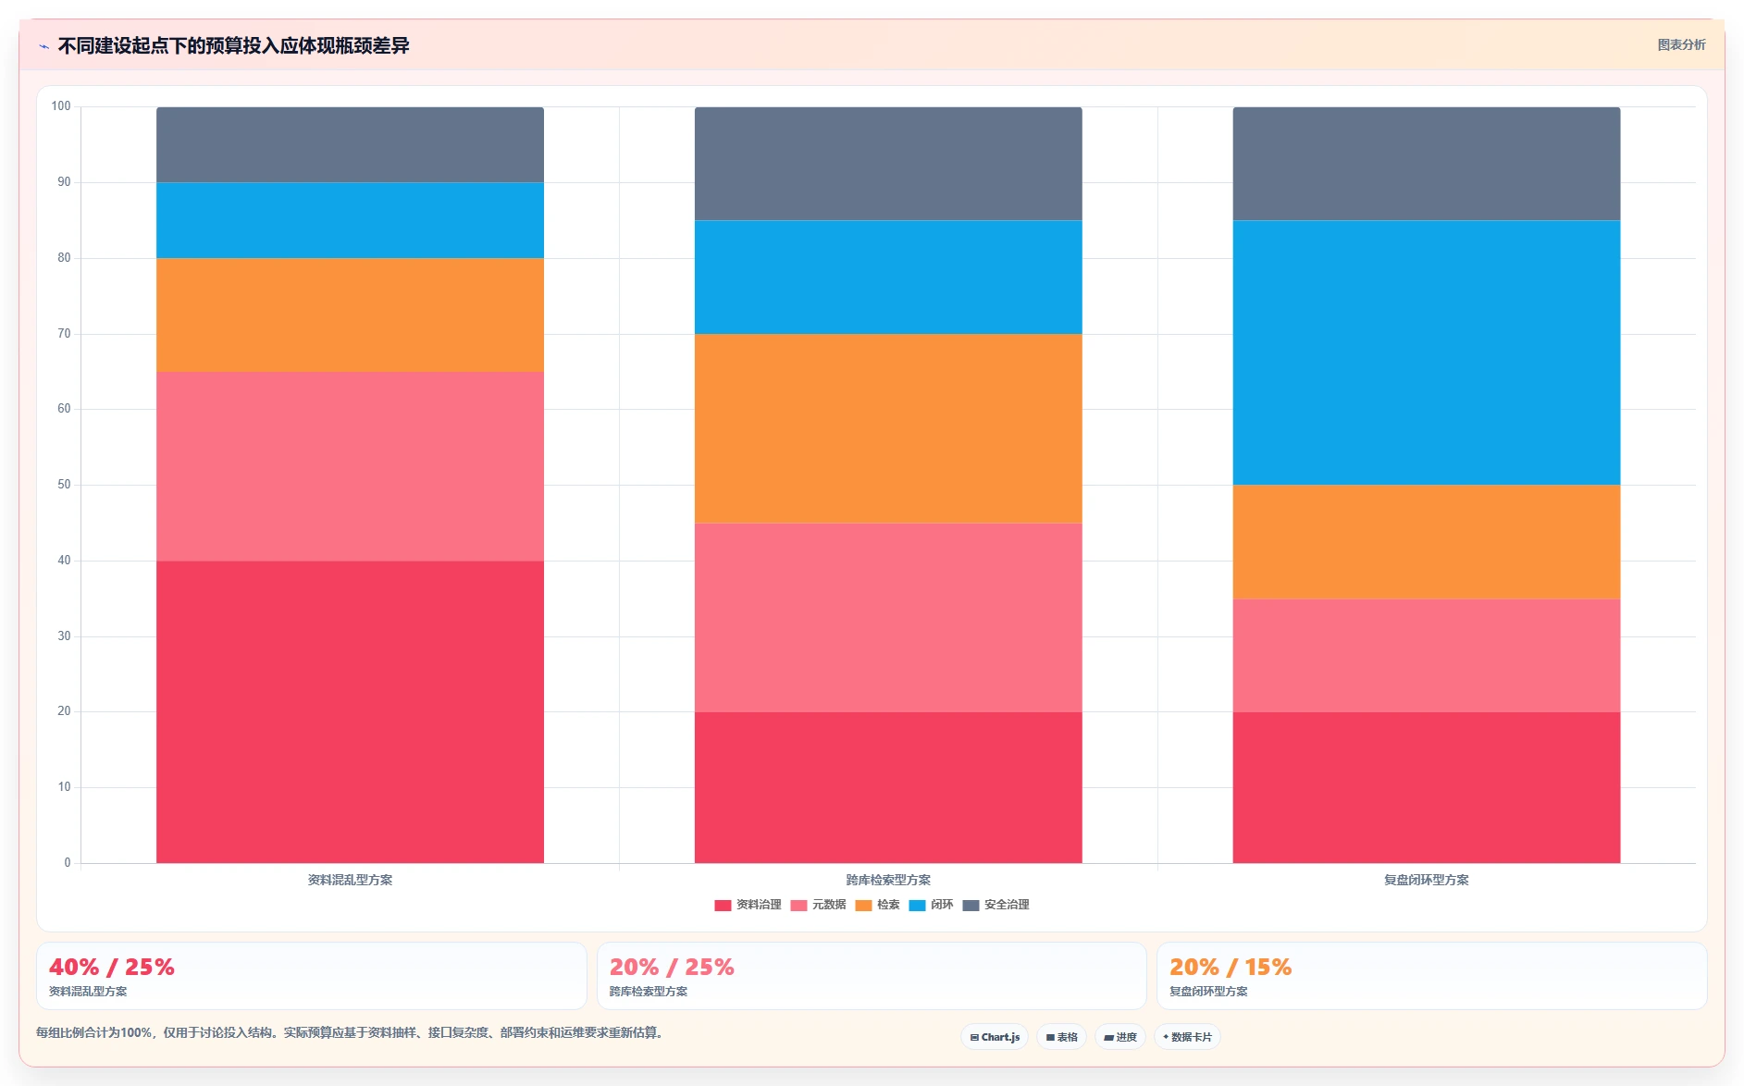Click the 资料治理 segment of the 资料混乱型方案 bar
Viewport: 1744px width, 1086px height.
[x=350, y=711]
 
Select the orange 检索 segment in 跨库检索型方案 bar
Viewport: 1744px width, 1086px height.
[x=888, y=428]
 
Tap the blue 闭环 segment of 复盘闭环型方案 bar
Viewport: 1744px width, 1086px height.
[x=1426, y=352]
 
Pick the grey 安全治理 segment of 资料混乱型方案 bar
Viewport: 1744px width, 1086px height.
[x=350, y=144]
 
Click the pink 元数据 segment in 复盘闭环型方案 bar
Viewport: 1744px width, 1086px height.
[x=1426, y=655]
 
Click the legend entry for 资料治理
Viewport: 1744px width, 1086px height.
[x=748, y=905]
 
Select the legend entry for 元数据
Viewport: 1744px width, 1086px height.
[x=818, y=905]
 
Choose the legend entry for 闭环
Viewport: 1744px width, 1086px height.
[x=931, y=905]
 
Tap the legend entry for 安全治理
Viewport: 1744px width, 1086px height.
[x=996, y=905]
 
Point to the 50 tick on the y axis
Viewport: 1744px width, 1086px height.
[x=64, y=485]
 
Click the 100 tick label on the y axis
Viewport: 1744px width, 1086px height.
[x=61, y=106]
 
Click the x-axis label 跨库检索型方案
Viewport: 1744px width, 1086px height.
[x=888, y=880]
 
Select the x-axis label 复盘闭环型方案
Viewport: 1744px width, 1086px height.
[x=1426, y=880]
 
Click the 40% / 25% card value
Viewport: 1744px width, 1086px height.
[x=112, y=967]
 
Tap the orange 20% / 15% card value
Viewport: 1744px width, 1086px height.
[x=1231, y=967]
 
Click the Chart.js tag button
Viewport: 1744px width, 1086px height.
[x=995, y=1037]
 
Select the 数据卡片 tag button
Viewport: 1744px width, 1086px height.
[x=1187, y=1037]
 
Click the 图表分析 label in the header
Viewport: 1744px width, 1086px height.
[x=1681, y=44]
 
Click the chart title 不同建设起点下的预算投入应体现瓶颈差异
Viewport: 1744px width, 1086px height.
[x=233, y=45]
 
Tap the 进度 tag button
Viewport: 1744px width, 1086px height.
[x=1119, y=1037]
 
